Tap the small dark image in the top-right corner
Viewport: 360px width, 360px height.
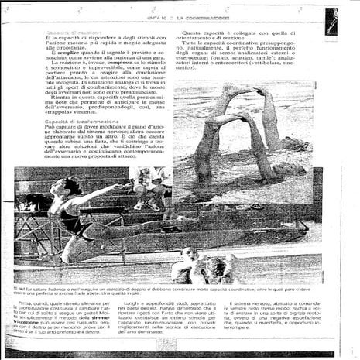tap(331, 20)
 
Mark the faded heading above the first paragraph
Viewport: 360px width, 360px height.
tap(70, 32)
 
